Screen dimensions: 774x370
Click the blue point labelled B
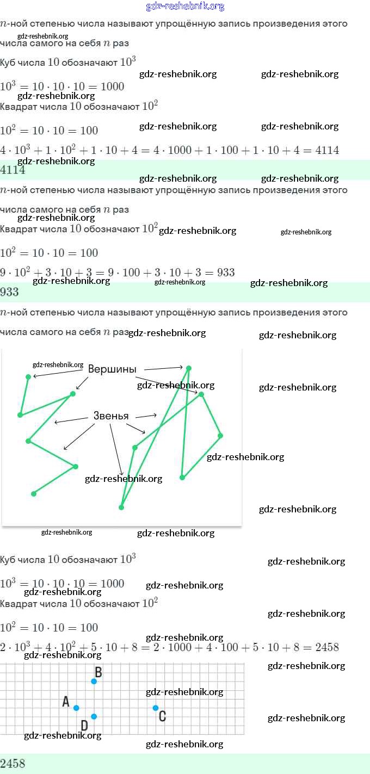point(94,681)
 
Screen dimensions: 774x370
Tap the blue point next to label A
point(76,708)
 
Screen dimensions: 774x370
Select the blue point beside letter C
point(156,708)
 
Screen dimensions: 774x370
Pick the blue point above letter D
point(94,716)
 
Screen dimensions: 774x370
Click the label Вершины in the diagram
point(112,369)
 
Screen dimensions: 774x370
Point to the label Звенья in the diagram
point(111,416)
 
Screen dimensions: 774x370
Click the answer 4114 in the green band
point(13,170)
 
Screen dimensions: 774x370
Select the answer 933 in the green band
point(10,292)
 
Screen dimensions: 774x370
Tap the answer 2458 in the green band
point(13,764)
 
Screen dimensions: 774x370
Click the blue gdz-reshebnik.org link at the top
point(185,7)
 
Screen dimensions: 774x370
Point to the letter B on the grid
point(98,672)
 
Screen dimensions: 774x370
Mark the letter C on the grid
point(162,716)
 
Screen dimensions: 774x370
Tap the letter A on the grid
point(66,702)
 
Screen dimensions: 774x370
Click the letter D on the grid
point(84,725)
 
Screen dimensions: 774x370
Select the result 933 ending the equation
point(226,273)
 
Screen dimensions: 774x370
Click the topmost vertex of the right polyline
point(189,368)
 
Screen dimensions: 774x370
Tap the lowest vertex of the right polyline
point(121,507)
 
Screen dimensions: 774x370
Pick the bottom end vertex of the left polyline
point(34,494)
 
